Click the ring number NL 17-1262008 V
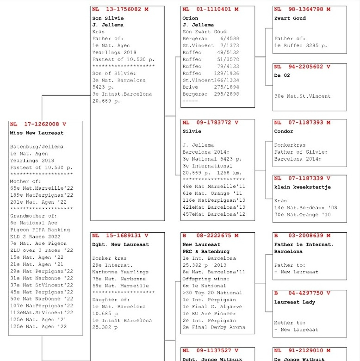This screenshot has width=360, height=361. click(38, 124)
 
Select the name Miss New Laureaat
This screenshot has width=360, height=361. click(37, 133)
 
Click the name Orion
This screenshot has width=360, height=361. click(190, 19)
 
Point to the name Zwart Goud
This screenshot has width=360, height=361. click(290, 19)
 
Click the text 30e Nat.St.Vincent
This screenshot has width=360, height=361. click(302, 96)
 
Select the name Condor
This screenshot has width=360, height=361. click(283, 131)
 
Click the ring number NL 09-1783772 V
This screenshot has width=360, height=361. click(211, 123)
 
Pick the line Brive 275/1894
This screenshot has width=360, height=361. click(211, 87)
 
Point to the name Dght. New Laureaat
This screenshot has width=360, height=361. click(120, 245)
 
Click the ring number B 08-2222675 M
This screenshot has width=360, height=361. click(211, 236)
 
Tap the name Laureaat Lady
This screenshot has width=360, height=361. click(294, 302)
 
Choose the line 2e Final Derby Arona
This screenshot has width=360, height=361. click(213, 327)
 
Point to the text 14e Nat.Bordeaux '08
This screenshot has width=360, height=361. click(306, 208)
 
